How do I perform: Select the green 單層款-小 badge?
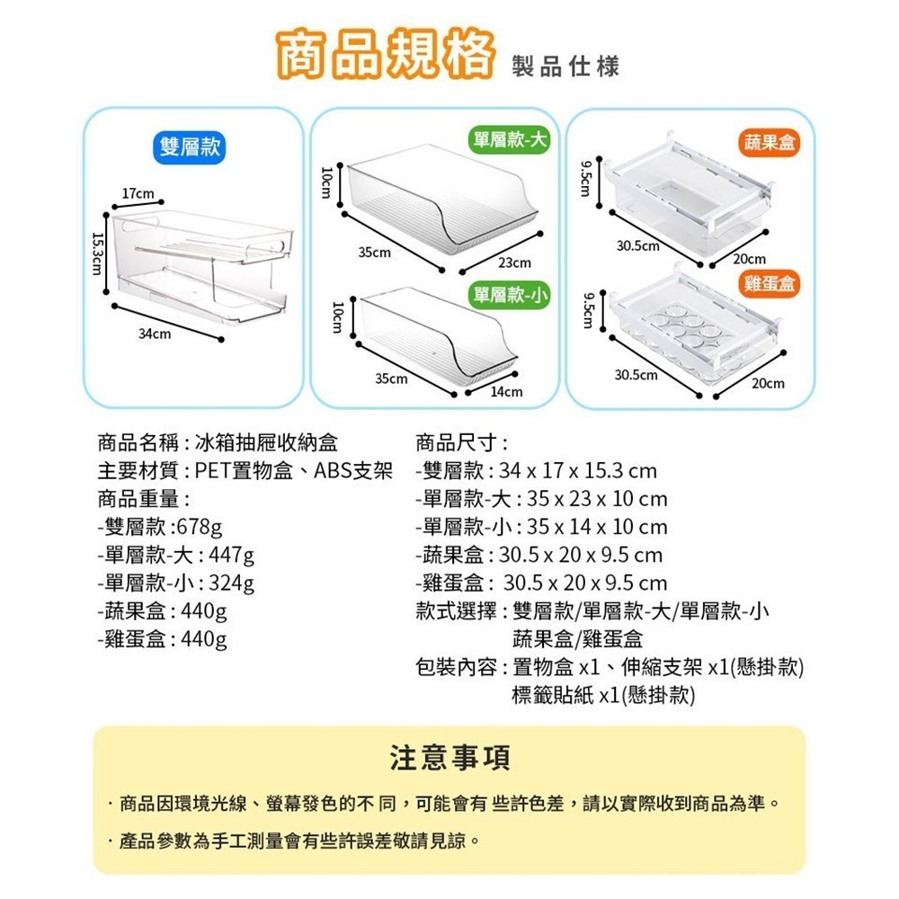[509, 296]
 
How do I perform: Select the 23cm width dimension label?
[514, 263]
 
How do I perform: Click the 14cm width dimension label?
[506, 392]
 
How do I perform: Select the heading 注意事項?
[449, 757]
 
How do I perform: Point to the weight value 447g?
[231, 555]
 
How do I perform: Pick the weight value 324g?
[231, 583]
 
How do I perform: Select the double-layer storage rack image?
[200, 265]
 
